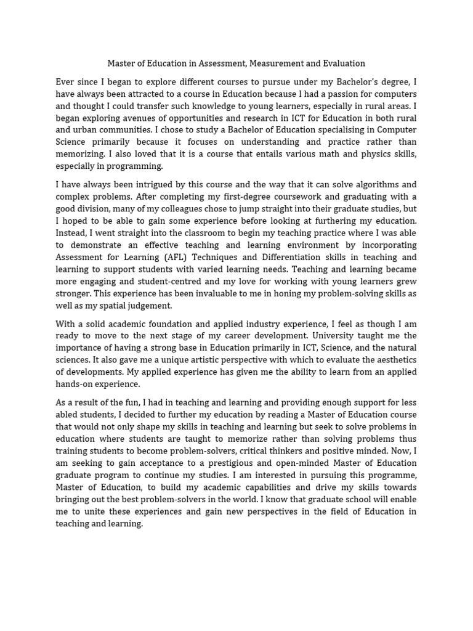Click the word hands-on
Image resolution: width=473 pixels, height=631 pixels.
pos(75,384)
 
